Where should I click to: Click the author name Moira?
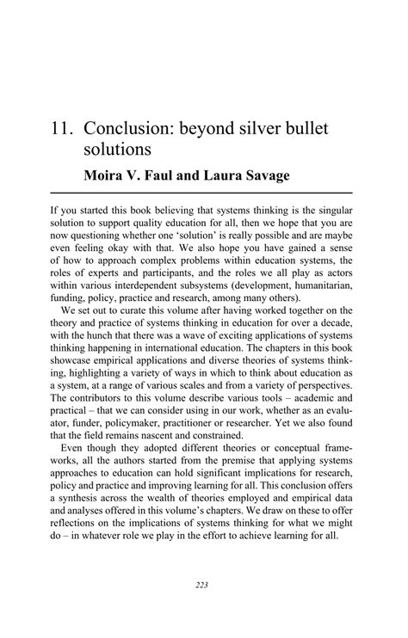(107, 177)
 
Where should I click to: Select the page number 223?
(202, 586)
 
